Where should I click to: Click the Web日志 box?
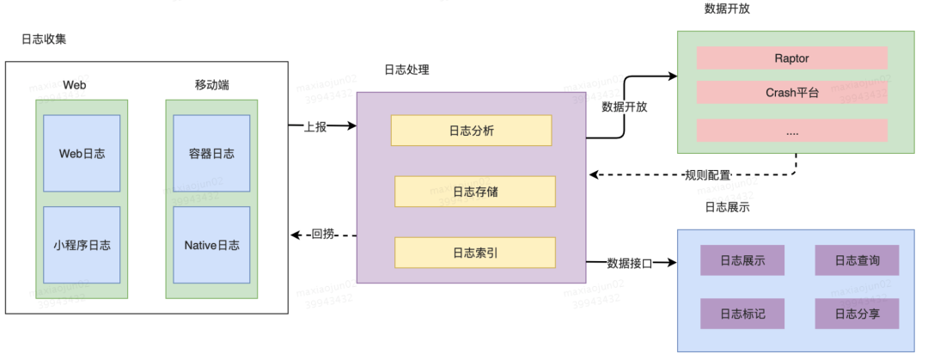click(82, 153)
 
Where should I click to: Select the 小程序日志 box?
click(82, 245)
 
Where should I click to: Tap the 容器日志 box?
click(211, 153)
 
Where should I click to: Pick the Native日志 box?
click(211, 245)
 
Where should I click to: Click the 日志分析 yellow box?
click(471, 131)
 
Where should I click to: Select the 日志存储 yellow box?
click(475, 192)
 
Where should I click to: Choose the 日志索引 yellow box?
click(475, 252)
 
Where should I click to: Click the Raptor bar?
click(791, 58)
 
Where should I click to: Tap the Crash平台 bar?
click(791, 93)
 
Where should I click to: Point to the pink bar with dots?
click(791, 131)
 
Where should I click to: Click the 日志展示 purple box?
click(742, 260)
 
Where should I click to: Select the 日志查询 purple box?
click(857, 260)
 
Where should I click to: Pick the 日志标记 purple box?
click(742, 314)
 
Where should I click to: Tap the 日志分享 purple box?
click(857, 314)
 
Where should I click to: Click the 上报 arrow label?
click(314, 125)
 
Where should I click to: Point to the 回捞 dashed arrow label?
click(322, 234)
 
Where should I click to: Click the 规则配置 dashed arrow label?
click(707, 175)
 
